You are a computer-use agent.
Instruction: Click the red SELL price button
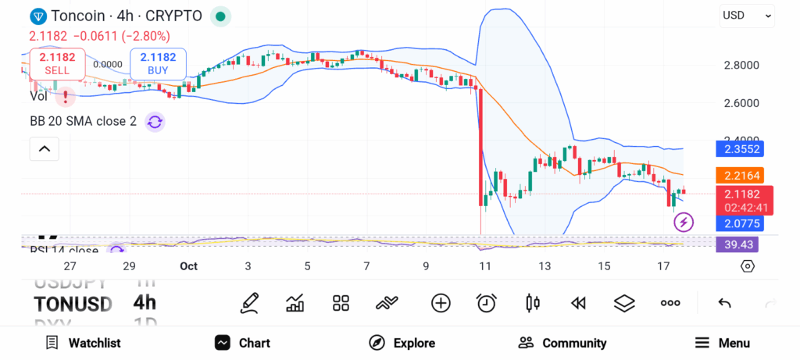coord(57,63)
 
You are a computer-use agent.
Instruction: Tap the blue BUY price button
coord(159,63)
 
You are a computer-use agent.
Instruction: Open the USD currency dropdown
coord(747,15)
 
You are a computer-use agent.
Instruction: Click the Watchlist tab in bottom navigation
coord(83,343)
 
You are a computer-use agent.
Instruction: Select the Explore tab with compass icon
coord(402,343)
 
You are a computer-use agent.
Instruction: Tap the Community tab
coord(562,343)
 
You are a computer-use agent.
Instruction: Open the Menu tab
coord(723,343)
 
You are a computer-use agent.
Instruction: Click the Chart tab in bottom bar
coord(243,343)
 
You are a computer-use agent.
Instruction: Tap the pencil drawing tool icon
coord(250,303)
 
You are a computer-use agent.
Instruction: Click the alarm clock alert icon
coord(487,303)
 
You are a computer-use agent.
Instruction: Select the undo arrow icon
coord(724,303)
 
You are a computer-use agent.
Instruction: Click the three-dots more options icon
coord(670,303)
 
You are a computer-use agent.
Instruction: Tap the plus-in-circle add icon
coord(441,303)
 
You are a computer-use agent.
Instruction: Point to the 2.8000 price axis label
coord(741,65)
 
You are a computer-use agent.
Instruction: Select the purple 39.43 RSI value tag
coord(737,245)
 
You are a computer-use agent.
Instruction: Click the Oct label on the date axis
coord(188,266)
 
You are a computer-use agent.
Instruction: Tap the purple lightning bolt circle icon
coord(684,223)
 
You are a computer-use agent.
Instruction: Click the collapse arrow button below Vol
coord(45,148)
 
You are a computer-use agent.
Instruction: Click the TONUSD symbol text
coord(73,303)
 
